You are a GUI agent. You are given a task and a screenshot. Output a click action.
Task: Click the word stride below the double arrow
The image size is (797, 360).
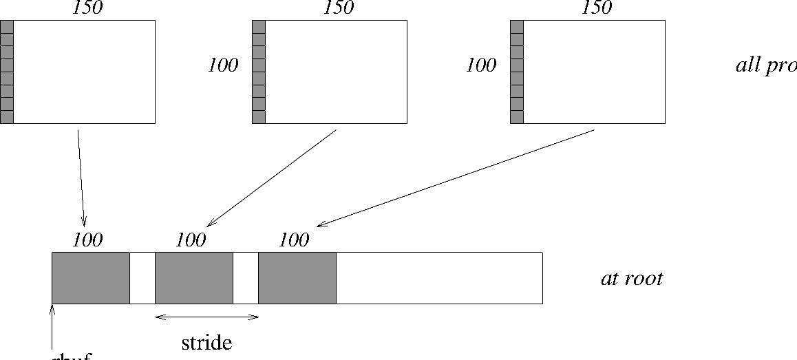click(x=206, y=342)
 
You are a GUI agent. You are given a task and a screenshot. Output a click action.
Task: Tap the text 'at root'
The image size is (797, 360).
click(x=632, y=279)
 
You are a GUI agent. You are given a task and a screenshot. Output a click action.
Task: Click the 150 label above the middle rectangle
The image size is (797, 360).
click(x=338, y=8)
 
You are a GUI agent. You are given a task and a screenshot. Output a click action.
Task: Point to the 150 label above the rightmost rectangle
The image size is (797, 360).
click(x=596, y=8)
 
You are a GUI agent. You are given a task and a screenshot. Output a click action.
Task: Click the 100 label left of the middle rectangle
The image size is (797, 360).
click(x=223, y=66)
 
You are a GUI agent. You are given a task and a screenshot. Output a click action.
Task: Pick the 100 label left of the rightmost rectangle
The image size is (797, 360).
click(x=481, y=66)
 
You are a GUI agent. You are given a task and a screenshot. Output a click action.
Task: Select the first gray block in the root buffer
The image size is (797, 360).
click(x=91, y=277)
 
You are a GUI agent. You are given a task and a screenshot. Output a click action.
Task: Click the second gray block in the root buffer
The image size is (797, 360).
click(x=194, y=277)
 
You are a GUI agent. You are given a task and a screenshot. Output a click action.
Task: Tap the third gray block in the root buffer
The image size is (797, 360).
click(x=297, y=277)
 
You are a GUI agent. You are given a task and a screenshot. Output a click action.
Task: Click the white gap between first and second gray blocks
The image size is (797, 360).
click(x=142, y=277)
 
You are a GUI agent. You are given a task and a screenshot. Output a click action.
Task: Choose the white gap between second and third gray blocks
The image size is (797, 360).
click(x=246, y=277)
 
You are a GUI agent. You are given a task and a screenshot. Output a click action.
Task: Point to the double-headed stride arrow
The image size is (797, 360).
click(x=206, y=317)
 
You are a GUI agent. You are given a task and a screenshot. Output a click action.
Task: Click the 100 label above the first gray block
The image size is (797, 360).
click(x=87, y=240)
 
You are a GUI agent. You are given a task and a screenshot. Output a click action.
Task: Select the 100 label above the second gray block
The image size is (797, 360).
click(x=191, y=240)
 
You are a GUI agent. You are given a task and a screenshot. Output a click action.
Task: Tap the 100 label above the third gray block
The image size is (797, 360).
click(x=294, y=240)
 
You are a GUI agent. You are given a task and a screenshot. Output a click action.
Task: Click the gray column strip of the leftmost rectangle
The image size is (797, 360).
click(x=7, y=72)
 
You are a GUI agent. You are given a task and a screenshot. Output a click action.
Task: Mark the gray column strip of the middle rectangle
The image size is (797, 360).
click(x=259, y=72)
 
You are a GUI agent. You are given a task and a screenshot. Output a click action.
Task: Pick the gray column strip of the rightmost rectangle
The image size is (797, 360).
click(x=517, y=72)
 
